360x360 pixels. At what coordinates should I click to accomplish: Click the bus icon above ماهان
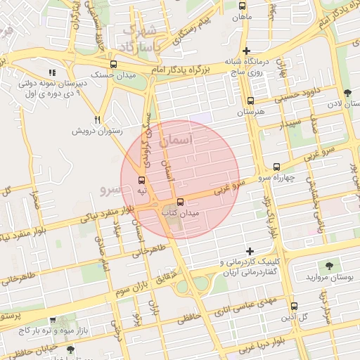(243, 5)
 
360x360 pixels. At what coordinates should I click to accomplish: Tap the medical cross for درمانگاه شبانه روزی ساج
(245, 51)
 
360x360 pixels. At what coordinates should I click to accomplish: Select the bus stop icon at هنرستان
(251, 101)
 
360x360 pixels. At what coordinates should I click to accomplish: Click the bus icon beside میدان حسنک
(114, 64)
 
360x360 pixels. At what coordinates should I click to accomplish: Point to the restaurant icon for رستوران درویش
(98, 120)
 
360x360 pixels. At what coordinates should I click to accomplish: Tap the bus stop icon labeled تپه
(142, 181)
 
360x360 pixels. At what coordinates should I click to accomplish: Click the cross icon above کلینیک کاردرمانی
(250, 251)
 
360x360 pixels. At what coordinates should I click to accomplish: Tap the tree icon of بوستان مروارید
(329, 265)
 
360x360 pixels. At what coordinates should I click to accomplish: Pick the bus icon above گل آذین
(293, 306)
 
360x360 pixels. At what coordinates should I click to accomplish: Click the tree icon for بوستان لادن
(347, 93)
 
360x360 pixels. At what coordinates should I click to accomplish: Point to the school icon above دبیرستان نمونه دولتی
(51, 72)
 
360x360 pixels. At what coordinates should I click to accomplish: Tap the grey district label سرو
(112, 189)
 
